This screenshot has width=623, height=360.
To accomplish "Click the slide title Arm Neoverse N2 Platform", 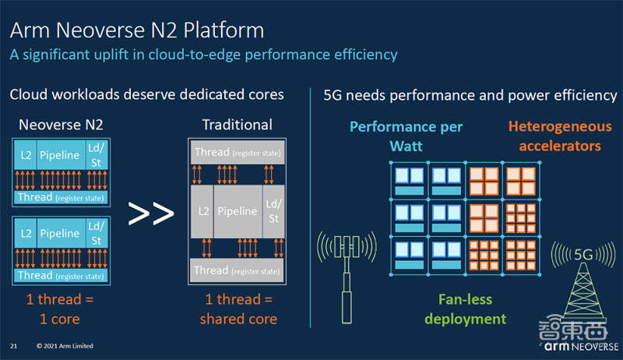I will [x=136, y=30].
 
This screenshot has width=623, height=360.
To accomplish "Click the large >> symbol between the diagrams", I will [x=150, y=213].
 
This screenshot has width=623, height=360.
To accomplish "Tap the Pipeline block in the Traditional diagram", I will [x=237, y=211].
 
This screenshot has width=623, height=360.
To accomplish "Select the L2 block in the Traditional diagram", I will [x=203, y=211].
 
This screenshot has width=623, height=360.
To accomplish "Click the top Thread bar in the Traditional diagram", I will [x=237, y=152].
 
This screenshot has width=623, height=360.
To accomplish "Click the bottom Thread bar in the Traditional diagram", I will [x=237, y=270].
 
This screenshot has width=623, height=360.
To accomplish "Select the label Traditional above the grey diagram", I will [x=237, y=125].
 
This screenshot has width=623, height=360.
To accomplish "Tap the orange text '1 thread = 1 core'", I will [x=60, y=309].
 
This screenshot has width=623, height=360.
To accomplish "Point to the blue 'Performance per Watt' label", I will [x=406, y=136].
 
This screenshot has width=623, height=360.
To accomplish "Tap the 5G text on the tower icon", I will [x=583, y=253].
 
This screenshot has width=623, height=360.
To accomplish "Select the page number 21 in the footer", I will [x=14, y=345].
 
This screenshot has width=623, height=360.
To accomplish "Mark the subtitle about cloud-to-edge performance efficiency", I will [x=203, y=55].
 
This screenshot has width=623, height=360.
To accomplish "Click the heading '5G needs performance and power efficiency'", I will [x=470, y=95].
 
